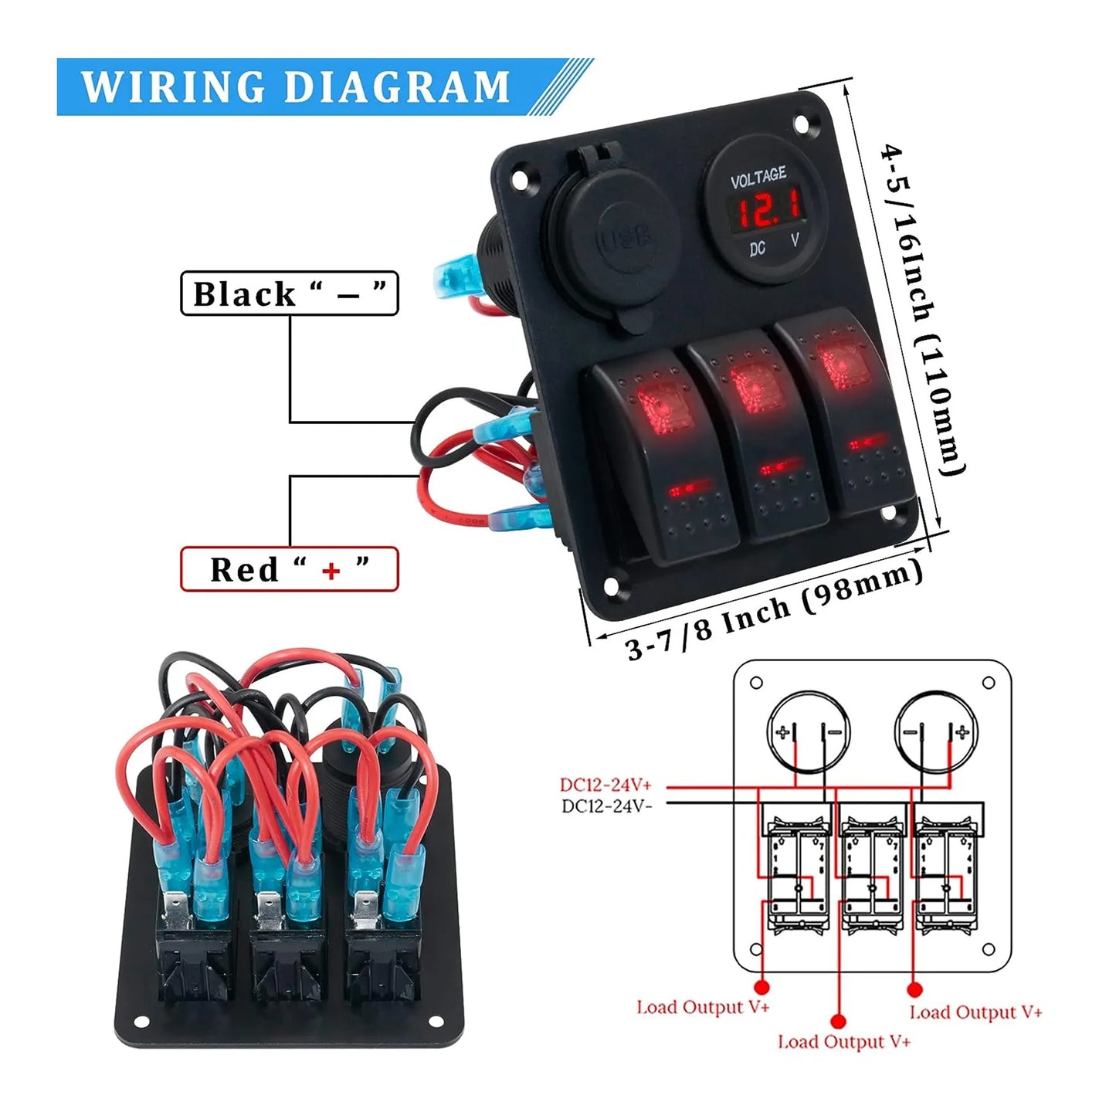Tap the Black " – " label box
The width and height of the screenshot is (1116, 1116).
click(x=290, y=293)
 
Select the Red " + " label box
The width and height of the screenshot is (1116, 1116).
click(x=290, y=569)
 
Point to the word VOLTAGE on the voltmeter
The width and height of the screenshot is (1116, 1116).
click(x=758, y=178)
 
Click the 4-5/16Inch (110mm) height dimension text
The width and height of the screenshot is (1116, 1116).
click(x=924, y=309)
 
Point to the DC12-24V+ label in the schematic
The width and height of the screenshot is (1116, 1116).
click(x=605, y=785)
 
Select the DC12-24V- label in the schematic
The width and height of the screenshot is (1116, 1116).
click(x=606, y=806)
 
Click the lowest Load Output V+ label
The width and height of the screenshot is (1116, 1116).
click(x=844, y=1042)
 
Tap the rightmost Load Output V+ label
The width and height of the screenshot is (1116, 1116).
click(x=975, y=1013)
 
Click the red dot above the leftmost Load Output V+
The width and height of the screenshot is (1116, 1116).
click(x=762, y=987)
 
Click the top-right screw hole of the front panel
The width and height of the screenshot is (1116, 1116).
click(x=803, y=123)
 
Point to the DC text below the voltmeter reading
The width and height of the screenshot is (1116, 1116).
click(x=757, y=249)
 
